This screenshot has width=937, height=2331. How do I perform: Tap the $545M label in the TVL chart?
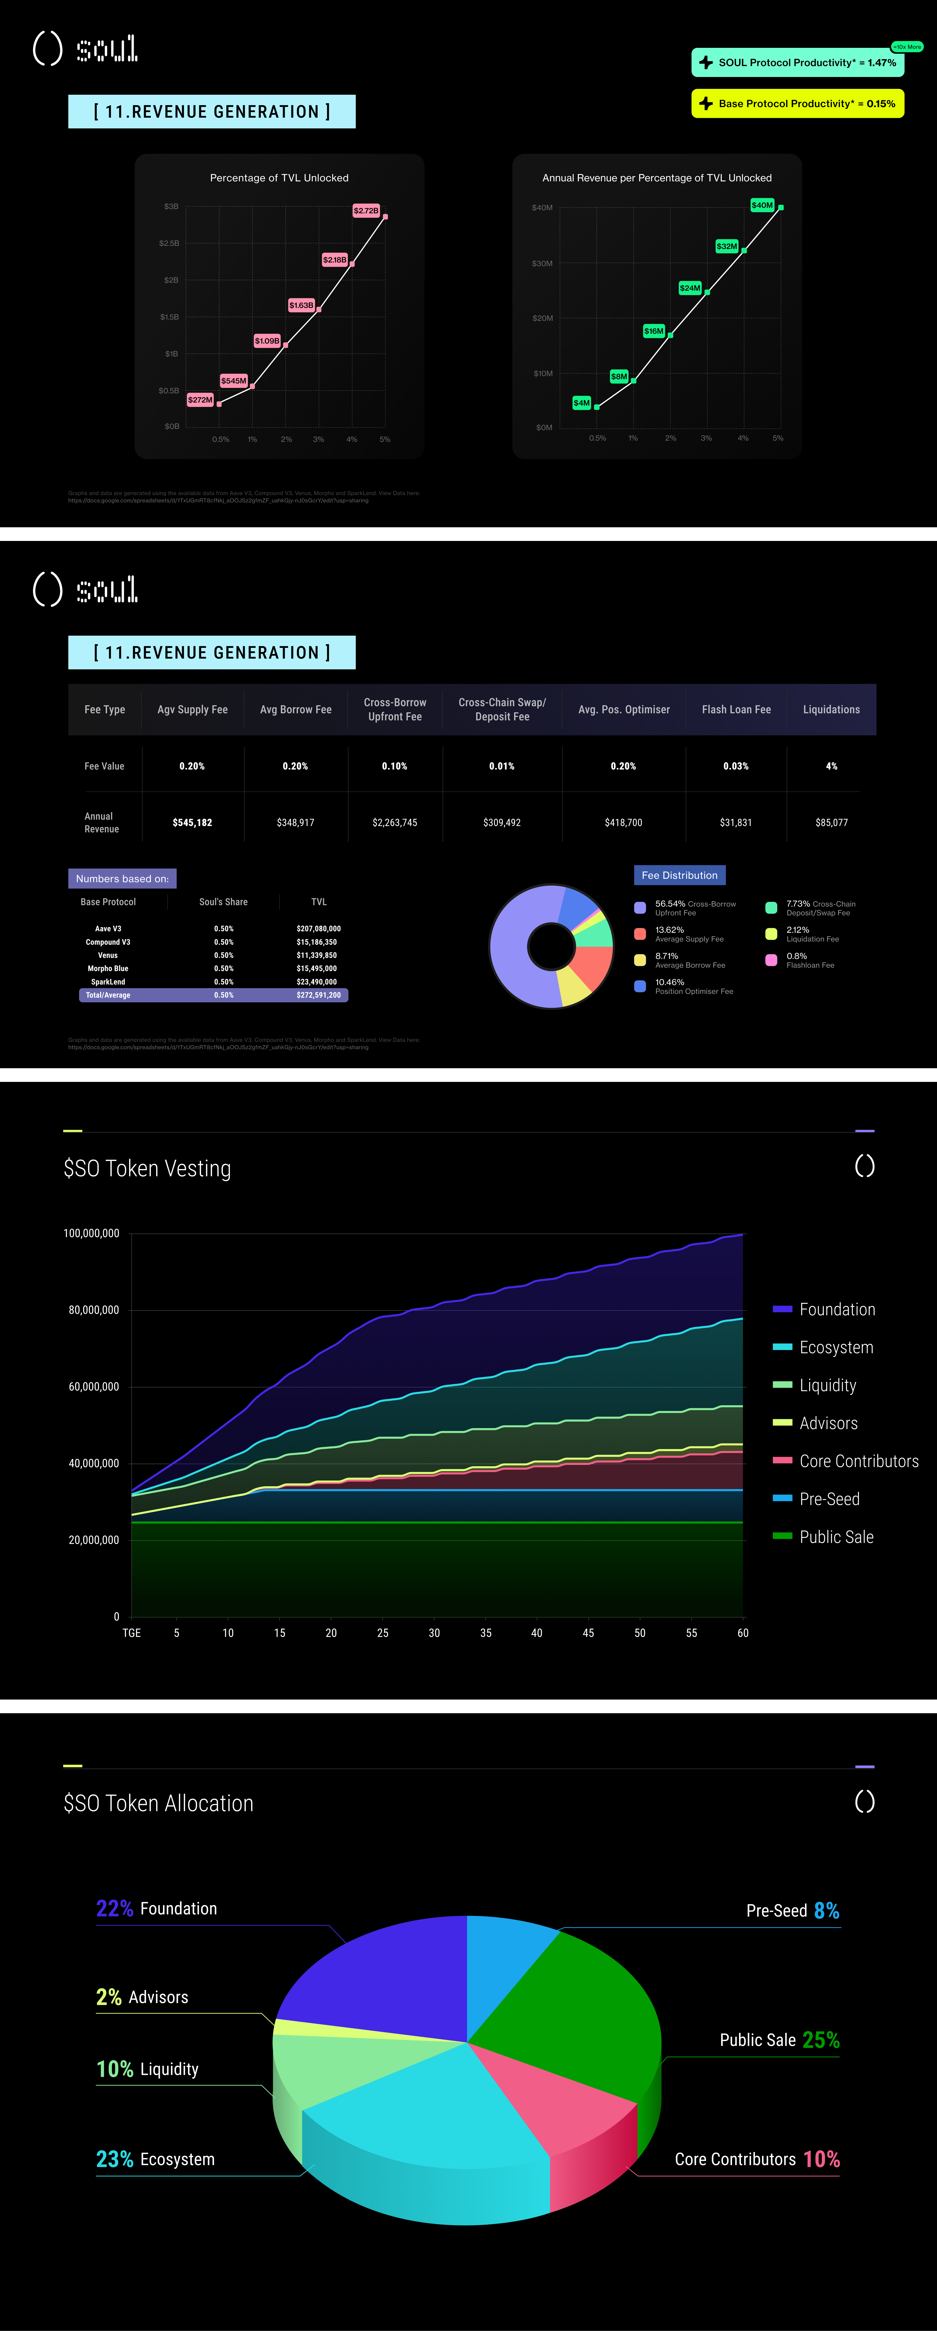click(x=233, y=381)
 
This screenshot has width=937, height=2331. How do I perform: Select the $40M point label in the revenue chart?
click(x=763, y=205)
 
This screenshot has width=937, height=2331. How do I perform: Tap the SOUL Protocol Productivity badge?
click(x=798, y=62)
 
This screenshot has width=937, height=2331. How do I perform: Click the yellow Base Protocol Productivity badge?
click(x=798, y=103)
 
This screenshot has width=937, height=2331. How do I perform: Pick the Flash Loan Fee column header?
click(x=736, y=709)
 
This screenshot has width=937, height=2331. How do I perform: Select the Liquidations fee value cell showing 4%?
click(x=831, y=767)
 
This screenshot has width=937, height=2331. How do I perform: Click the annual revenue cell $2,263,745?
click(x=394, y=823)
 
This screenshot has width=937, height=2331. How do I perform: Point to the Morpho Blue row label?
click(x=108, y=968)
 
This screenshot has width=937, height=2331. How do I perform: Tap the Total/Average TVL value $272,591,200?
click(x=318, y=995)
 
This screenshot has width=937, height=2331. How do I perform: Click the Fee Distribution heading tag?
click(x=679, y=875)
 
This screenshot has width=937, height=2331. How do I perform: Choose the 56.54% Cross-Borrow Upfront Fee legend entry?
click(x=687, y=908)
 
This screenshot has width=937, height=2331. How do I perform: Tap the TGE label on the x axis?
click(x=131, y=1633)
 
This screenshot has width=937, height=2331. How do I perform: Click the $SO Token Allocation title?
click(x=158, y=1803)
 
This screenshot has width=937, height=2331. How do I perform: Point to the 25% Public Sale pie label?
click(x=780, y=2041)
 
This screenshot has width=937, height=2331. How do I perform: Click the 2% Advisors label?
click(x=142, y=1997)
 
